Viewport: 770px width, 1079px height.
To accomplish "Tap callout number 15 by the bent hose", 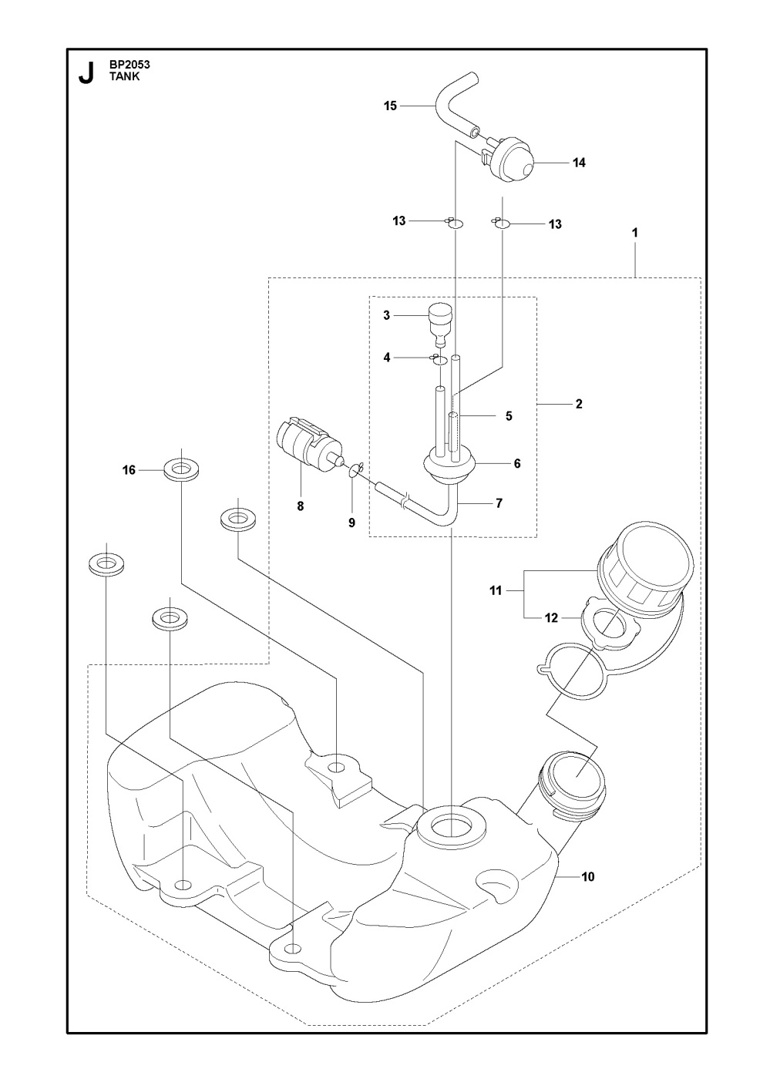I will point(390,106).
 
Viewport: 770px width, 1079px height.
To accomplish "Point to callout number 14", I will point(579,163).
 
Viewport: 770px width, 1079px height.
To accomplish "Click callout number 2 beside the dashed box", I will point(578,403).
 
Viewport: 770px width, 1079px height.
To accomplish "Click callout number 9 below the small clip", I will point(351,523).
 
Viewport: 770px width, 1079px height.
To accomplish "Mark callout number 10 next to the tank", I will point(588,876).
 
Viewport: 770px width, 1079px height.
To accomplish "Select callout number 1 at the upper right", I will point(634,231).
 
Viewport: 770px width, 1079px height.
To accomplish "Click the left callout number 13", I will point(398,221).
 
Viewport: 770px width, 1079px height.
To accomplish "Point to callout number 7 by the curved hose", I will point(499,503).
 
